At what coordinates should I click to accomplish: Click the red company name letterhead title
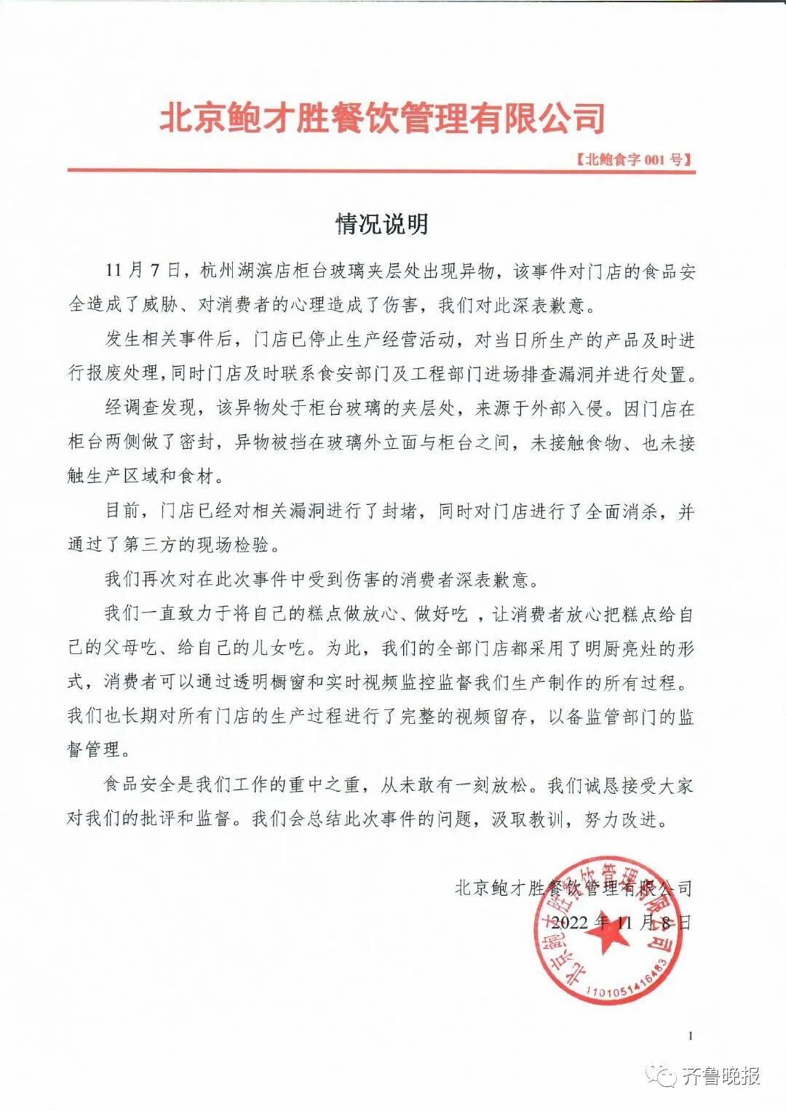click(382, 119)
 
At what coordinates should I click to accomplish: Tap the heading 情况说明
click(382, 224)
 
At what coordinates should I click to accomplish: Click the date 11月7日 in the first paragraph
click(141, 271)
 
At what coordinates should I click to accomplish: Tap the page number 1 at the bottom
click(689, 1036)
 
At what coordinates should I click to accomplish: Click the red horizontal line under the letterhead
click(382, 172)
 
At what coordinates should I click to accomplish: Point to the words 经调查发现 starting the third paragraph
click(150, 408)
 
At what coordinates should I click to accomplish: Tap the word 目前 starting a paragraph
click(123, 511)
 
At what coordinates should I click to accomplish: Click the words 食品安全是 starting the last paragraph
click(150, 786)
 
